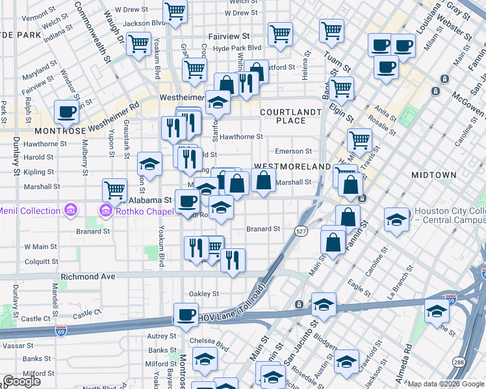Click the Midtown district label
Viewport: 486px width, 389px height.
tap(435, 175)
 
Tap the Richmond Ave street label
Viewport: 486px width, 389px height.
tap(88, 276)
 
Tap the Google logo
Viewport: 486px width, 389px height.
tap(21, 381)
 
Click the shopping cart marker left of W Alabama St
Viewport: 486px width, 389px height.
tap(114, 190)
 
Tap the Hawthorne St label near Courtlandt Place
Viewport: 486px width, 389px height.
tap(241, 137)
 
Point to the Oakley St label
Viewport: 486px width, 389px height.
tap(203, 294)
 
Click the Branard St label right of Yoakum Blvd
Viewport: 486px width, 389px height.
tap(263, 229)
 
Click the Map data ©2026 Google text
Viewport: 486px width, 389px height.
tap(445, 384)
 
